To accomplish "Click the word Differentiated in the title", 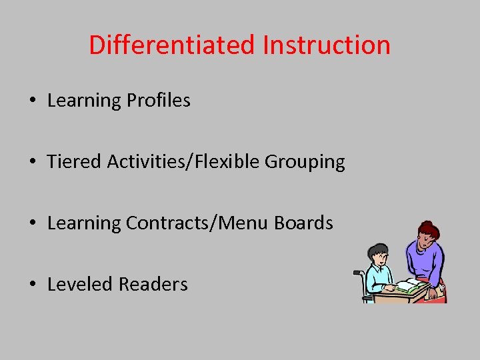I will click(172, 45).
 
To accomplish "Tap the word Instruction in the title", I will click(326, 45).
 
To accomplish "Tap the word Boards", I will click(307, 223).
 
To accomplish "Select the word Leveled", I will click(79, 284).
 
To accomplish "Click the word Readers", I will click(152, 284).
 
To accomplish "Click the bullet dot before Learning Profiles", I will click(32, 101).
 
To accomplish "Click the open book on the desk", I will click(409, 286).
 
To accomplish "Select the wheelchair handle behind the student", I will click(357, 273).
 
